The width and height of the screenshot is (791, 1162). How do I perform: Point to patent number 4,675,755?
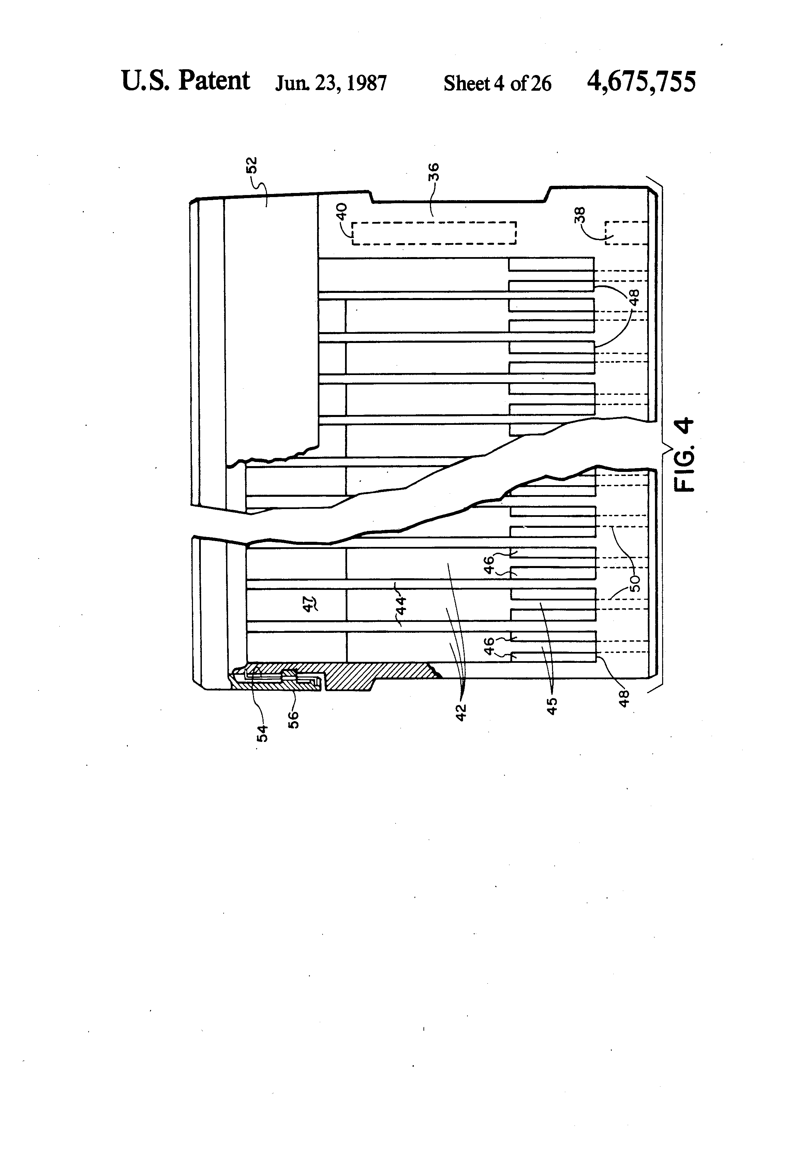pyautogui.click(x=641, y=81)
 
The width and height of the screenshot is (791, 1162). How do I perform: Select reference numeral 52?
pyautogui.click(x=253, y=165)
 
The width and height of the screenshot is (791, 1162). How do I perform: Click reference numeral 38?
pyautogui.click(x=580, y=216)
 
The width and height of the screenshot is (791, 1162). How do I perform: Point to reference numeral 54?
pyautogui.click(x=262, y=733)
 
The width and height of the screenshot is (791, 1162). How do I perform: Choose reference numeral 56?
pyautogui.click(x=294, y=719)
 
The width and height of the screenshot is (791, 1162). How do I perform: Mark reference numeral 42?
pyautogui.click(x=461, y=711)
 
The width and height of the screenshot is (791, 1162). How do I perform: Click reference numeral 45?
pyautogui.click(x=552, y=706)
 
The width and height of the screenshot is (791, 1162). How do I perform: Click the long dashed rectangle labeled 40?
pyautogui.click(x=433, y=233)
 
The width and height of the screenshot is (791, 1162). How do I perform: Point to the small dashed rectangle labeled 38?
pyautogui.click(x=626, y=233)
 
